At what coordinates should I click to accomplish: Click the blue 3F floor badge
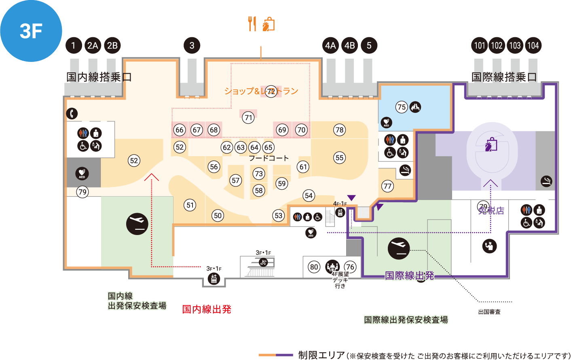pyautogui.click(x=31, y=31)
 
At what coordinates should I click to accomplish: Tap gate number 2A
pyautogui.click(x=93, y=45)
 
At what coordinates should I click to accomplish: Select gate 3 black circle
pyautogui.click(x=192, y=45)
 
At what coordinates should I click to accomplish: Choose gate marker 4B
pyautogui.click(x=349, y=45)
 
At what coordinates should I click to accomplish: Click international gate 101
pyautogui.click(x=480, y=45)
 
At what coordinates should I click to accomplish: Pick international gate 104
pyautogui.click(x=533, y=45)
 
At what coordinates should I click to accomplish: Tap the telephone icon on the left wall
pyautogui.click(x=72, y=114)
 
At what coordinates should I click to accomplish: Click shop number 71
pyautogui.click(x=248, y=118)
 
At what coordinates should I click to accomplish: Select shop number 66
pyautogui.click(x=180, y=130)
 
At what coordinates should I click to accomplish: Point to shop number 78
pyautogui.click(x=339, y=130)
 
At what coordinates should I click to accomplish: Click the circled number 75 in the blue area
pyautogui.click(x=401, y=107)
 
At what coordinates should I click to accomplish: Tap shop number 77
pyautogui.click(x=387, y=186)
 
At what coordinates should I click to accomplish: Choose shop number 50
pyautogui.click(x=218, y=216)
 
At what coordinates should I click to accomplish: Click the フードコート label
pyautogui.click(x=269, y=158)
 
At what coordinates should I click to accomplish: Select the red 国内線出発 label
pyautogui.click(x=207, y=309)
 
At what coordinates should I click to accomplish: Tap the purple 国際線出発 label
pyautogui.click(x=409, y=276)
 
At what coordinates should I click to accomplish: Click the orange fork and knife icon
pyautogui.click(x=252, y=24)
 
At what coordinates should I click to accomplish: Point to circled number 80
pyautogui.click(x=314, y=267)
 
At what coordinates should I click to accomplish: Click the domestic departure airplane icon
pyautogui.click(x=137, y=224)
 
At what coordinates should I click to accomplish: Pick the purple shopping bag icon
pyautogui.click(x=491, y=144)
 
